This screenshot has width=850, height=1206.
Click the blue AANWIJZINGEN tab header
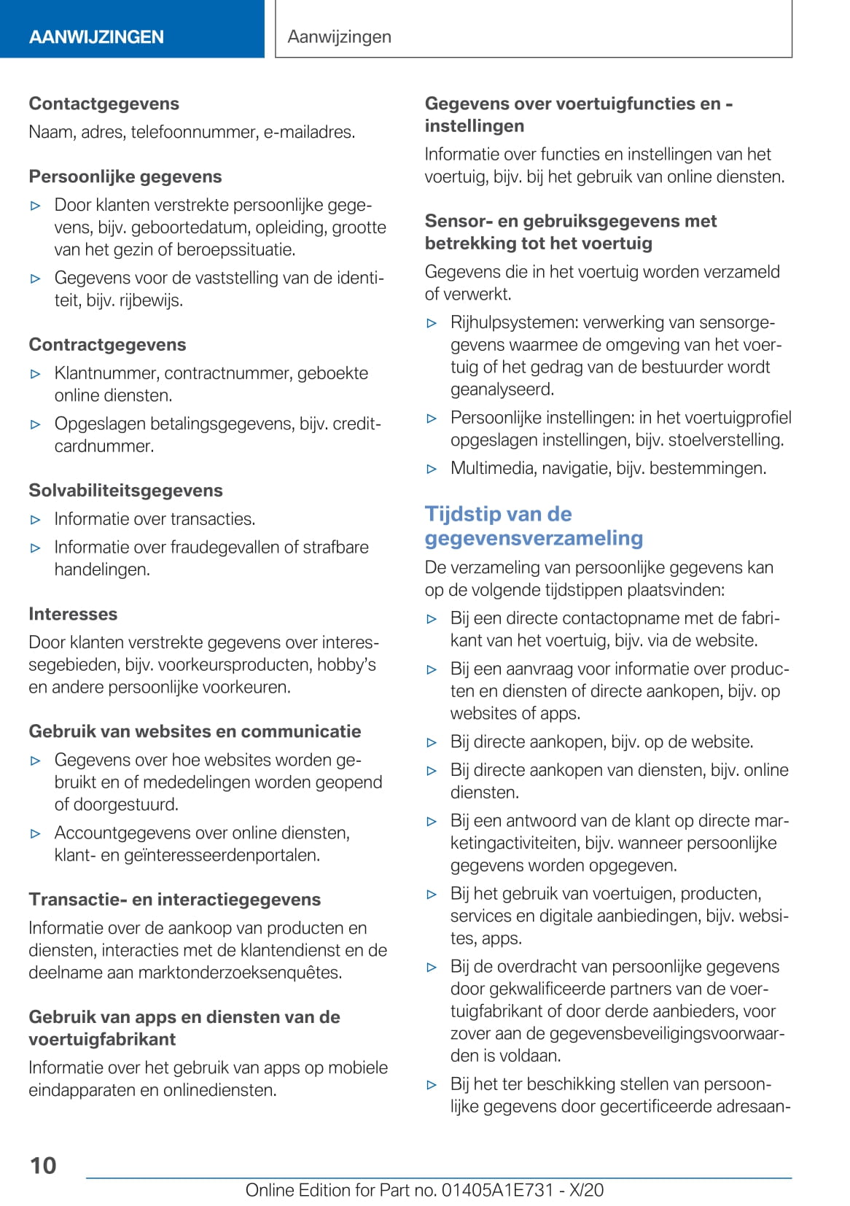96,36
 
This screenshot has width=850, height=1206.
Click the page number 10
43,1165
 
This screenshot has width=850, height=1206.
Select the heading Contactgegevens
104,104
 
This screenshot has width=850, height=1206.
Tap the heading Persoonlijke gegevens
125,176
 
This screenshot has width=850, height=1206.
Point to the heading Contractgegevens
107,344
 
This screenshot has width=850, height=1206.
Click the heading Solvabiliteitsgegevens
125,490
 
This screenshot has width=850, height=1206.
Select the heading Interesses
73,614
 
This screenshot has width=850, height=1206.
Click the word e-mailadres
309,132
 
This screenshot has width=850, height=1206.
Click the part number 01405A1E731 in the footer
498,1190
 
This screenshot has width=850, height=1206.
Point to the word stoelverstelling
726,440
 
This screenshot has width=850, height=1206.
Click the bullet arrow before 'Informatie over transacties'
36,520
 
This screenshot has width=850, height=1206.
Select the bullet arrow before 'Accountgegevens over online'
36,833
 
